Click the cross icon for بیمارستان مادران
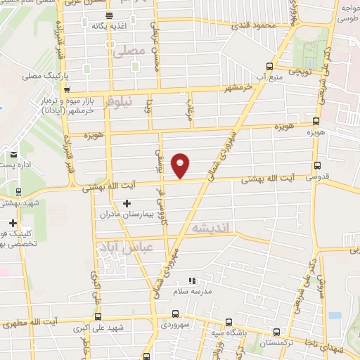(x=127, y=204)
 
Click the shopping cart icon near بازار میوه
(x=66, y=90)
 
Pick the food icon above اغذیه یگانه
(x=107, y=15)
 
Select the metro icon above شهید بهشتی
(x=18, y=191)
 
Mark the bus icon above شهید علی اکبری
(x=97, y=316)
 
